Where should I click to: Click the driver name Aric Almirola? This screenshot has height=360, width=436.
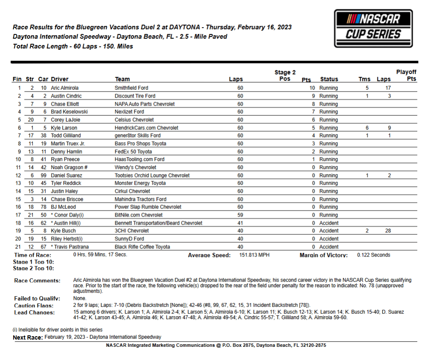coord(65,88)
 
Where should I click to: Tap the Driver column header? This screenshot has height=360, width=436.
coord(60,79)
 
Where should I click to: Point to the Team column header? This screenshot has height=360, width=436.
coord(122,79)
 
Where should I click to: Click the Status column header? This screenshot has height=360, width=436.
coord(329,79)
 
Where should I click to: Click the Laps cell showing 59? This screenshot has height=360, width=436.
coord(240,215)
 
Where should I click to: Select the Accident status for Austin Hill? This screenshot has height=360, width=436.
coord(329,223)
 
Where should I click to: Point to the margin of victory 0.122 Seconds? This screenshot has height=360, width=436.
coord(373,255)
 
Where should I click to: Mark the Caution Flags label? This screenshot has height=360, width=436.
coord(34,306)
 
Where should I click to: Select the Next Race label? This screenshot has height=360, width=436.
coord(28,337)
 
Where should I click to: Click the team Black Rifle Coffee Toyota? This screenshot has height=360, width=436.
coord(142,247)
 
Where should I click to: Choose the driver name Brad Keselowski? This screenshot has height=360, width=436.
coord(69,112)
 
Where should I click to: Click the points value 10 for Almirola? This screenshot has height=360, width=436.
coord(312,88)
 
